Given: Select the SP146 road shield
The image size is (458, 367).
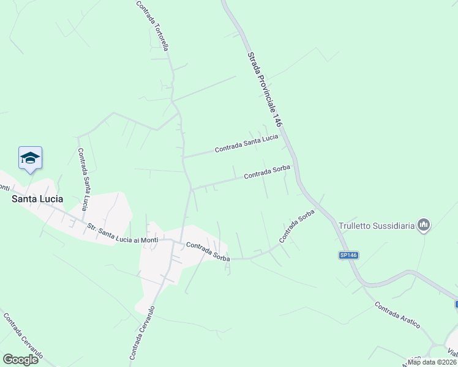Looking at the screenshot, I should [348, 255].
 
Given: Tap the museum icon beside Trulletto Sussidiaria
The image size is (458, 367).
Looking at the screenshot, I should [423, 225].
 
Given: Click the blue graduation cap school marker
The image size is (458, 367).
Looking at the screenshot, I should [30, 158].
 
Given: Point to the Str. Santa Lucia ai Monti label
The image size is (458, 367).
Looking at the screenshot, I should [122, 232].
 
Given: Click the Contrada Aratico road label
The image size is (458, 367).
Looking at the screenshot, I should [397, 316].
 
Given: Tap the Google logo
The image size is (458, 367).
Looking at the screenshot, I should [20, 359].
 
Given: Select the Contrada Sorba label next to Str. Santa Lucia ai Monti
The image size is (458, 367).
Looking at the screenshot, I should [208, 251].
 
